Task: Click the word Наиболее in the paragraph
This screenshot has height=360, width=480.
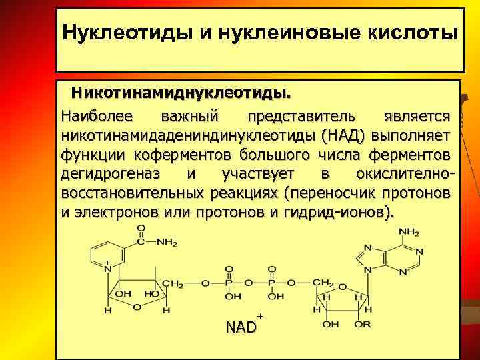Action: (x=97, y=116)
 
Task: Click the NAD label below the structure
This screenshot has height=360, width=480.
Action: (x=241, y=327)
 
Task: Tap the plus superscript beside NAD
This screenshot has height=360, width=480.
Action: (x=259, y=315)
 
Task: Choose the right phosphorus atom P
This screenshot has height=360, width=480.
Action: (x=273, y=284)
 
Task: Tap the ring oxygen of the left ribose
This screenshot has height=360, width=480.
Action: (x=136, y=307)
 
